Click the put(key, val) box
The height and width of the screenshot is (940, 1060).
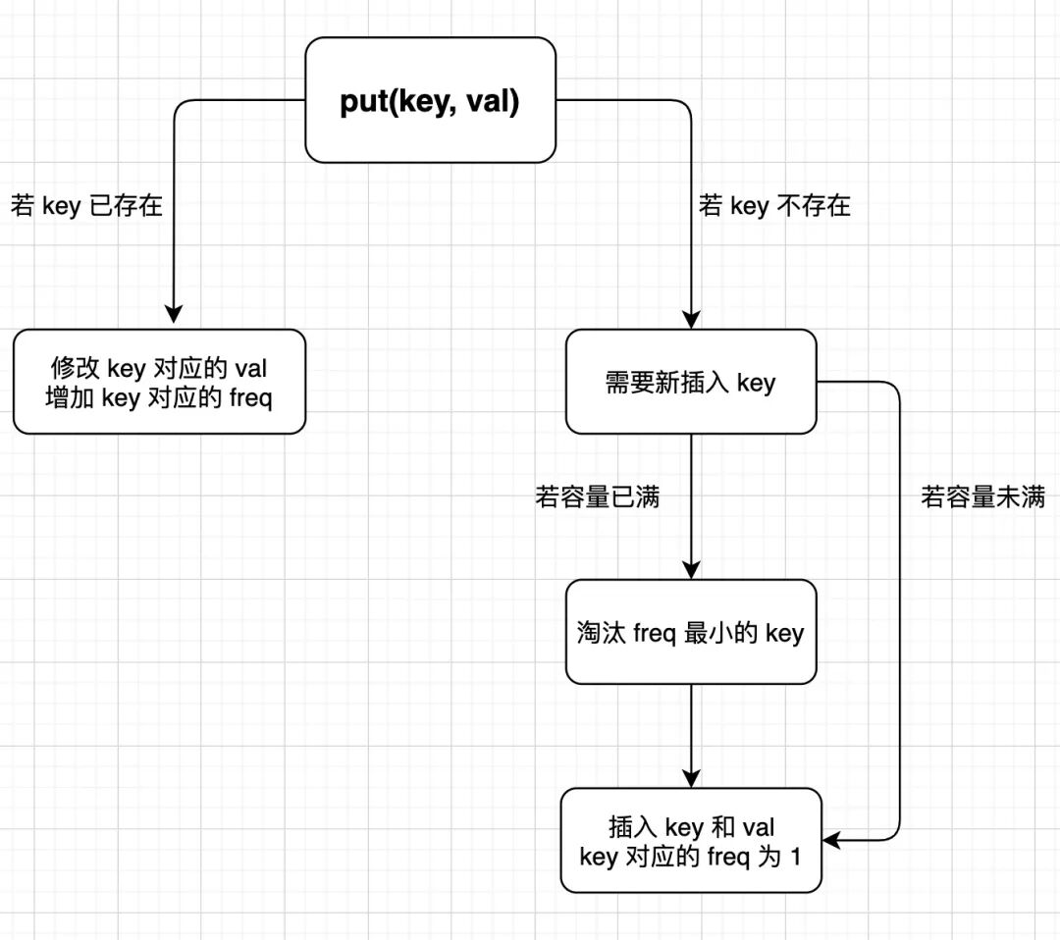tap(430, 100)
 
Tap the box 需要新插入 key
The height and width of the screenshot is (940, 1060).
tap(691, 382)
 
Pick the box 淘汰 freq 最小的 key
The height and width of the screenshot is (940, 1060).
tap(691, 632)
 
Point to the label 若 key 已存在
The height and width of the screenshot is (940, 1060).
tap(86, 207)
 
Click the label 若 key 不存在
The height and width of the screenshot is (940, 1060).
tap(774, 206)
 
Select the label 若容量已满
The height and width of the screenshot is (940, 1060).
tap(597, 497)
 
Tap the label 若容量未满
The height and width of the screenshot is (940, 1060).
tap(982, 497)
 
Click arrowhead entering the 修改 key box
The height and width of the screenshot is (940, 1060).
tap(174, 315)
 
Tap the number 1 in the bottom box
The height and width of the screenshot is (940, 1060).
tap(795, 857)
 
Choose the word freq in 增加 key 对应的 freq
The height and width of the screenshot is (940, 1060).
tap(248, 399)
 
